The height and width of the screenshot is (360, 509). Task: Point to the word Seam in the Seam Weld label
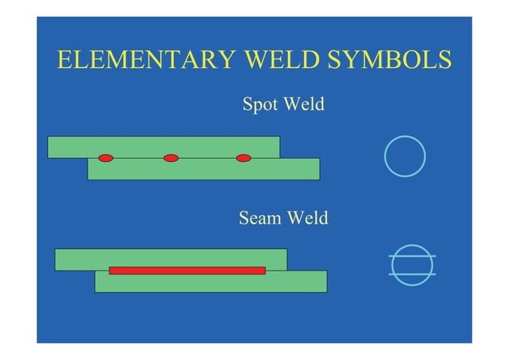260,218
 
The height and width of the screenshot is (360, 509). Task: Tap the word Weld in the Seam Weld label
307,218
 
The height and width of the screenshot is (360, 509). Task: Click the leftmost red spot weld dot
105,158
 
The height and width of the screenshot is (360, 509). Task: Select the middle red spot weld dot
171,158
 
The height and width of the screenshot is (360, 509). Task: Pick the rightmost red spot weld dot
243,158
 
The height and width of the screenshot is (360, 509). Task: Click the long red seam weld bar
187,271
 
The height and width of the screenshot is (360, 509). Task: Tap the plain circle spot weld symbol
404,156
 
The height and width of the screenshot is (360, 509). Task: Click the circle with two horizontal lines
412,265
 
